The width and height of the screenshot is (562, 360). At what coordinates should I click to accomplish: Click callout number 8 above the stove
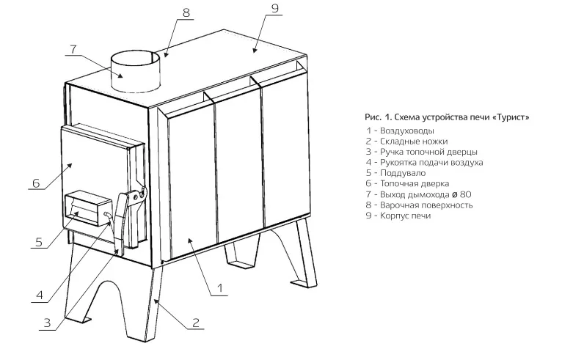186,12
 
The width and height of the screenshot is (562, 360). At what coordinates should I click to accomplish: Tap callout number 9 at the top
275,8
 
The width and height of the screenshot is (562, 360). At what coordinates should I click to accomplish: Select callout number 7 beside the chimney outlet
73,48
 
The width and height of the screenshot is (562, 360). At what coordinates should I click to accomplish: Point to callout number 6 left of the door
36,183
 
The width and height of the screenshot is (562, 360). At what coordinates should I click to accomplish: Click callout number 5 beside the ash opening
39,242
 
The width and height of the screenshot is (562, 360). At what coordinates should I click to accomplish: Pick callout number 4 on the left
40,295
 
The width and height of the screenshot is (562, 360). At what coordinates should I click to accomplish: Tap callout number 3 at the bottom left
47,323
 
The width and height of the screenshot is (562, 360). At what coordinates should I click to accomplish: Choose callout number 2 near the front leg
195,323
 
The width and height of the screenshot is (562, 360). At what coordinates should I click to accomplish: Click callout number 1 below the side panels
220,288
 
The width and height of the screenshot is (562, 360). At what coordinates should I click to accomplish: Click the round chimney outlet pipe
136,72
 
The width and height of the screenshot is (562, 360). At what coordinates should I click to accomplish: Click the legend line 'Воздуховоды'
400,131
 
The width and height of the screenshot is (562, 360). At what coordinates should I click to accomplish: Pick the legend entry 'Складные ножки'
406,142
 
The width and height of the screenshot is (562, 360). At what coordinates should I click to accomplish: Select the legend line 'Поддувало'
395,173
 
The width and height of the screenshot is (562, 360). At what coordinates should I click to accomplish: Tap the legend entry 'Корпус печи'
398,216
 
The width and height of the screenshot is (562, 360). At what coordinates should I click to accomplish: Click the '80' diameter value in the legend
465,194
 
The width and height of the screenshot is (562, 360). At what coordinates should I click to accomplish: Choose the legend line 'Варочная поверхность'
420,205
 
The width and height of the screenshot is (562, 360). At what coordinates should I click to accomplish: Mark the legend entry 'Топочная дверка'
407,184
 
